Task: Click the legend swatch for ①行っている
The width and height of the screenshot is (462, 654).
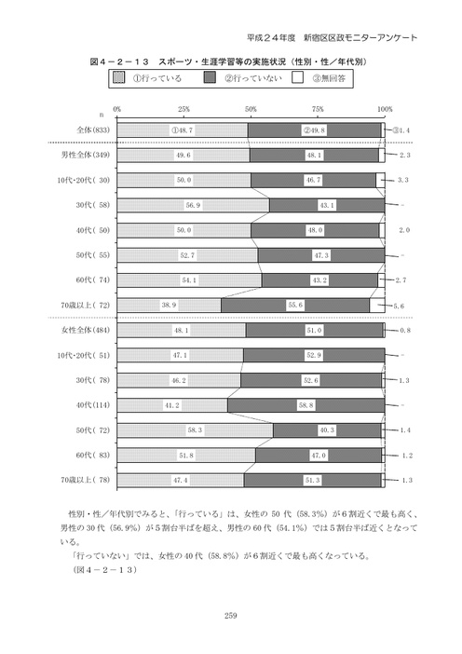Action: [118, 77]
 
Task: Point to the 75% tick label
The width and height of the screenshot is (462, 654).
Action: [317, 109]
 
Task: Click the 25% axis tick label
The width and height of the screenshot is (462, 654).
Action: [183, 109]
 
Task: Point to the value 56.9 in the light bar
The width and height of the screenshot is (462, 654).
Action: [193, 205]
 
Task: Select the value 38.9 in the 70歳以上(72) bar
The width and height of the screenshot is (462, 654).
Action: [168, 305]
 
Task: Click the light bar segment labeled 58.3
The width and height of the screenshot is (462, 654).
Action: [194, 430]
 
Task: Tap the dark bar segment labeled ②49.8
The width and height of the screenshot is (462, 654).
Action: [315, 130]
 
